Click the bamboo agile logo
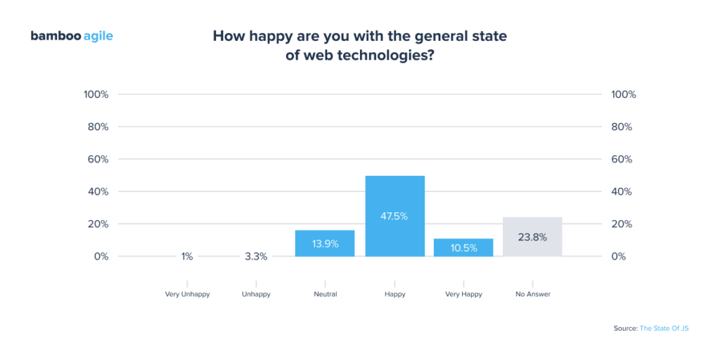coord(72,36)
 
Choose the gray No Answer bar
coord(532,225)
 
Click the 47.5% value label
coord(394,216)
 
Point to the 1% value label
coord(187,257)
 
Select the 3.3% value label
coord(256,257)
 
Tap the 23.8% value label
coord(532,237)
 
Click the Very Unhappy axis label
coord(187,295)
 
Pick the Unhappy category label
coord(256,295)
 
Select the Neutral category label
coord(325,295)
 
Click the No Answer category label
coord(532,295)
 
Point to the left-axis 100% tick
coord(96,94)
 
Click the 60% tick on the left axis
coord(98,160)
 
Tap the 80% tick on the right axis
coord(622,127)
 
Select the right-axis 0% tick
coord(619,257)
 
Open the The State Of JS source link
coord(664,328)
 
